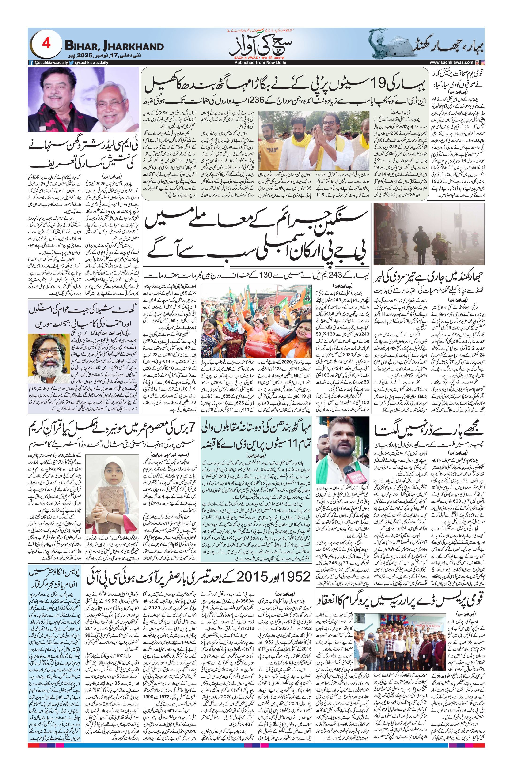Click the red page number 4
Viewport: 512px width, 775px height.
point(46,43)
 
